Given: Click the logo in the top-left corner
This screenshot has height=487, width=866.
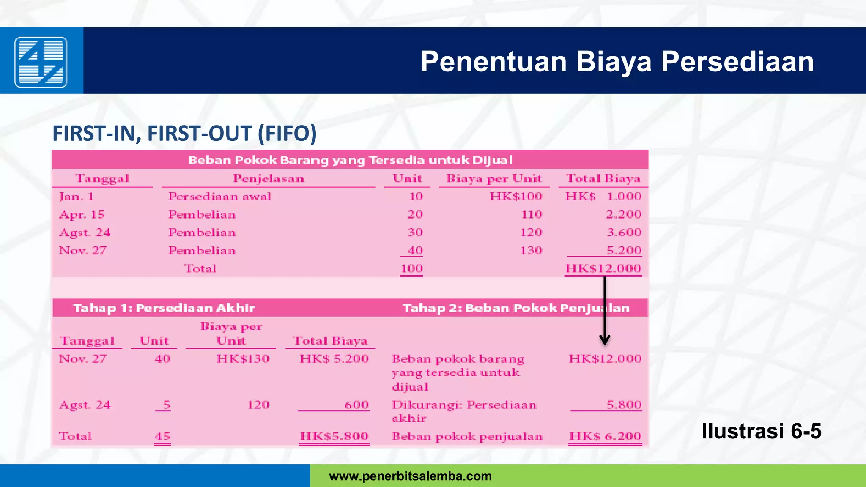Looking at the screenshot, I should point(41,62).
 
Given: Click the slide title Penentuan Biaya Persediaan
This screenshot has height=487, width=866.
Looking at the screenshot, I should point(617,62).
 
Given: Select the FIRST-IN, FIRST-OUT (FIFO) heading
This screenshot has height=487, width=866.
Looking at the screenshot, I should point(184,133).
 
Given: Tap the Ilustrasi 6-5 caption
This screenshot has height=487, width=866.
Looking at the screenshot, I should point(761,431).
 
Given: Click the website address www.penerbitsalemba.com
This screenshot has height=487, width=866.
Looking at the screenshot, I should point(410,476).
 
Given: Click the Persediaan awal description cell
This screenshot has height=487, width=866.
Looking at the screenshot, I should point(219,197).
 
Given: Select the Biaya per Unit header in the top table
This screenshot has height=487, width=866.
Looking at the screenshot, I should point(494,178).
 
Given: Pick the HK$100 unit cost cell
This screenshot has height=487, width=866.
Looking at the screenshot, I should point(515,197).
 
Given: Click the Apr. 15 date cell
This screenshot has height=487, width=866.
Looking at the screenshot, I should point(82,215).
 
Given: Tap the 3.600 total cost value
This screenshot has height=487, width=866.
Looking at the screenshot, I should point(624,233).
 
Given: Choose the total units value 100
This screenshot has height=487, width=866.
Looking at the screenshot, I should point(411,269).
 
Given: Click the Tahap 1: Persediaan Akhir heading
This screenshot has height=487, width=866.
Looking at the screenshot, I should point(164,308).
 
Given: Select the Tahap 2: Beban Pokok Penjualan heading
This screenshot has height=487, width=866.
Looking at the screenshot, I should point(516,308).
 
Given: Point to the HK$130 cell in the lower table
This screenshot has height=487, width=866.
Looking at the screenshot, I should point(243,359).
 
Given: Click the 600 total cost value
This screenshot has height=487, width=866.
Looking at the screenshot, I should point(356,405).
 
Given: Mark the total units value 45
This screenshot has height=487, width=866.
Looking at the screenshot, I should point(162,436).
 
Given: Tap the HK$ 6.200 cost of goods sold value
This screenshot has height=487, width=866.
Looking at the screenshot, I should point(605,436).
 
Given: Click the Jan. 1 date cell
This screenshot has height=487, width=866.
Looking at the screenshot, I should point(77,197).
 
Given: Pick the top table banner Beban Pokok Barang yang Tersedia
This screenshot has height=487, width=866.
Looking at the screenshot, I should point(350,160).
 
